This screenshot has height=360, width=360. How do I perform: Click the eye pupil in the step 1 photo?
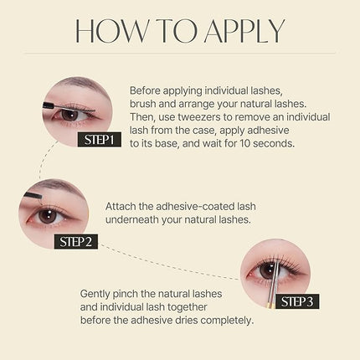pos(69,113)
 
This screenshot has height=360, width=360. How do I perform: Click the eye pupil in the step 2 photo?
pos(49,215)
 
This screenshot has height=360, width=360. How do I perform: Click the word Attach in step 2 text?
pos(122,205)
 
